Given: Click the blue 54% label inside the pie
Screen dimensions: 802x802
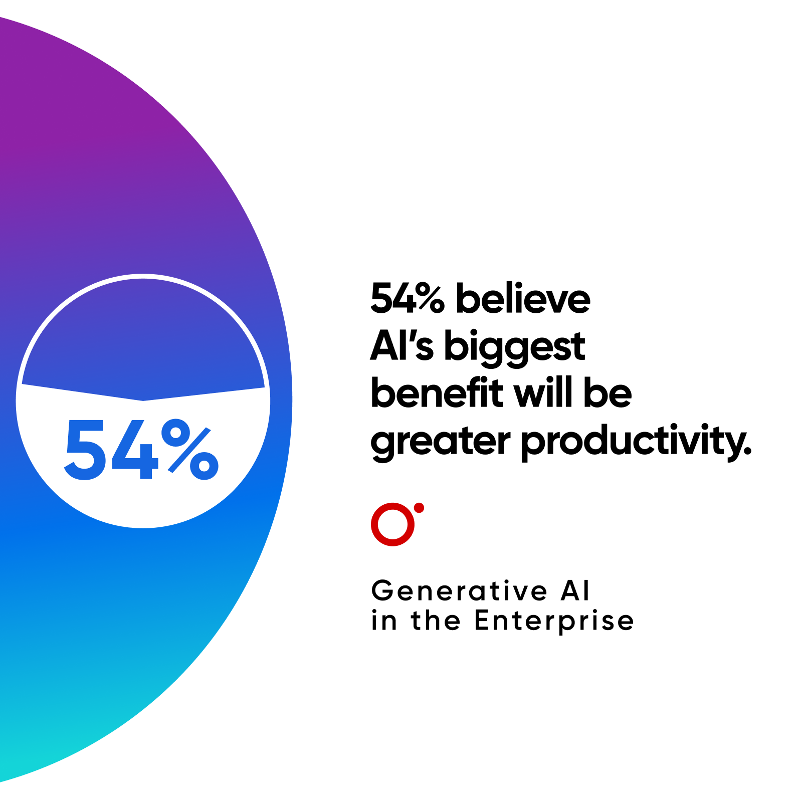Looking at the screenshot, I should click(141, 450).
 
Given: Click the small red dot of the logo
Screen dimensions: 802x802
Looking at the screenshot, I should click(419, 508).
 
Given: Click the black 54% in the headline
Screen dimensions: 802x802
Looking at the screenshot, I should click(407, 299).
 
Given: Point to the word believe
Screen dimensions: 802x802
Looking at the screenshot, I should click(523, 299).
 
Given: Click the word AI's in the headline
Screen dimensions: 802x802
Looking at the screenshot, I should click(402, 346).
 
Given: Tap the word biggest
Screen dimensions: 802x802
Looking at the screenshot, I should click(514, 347).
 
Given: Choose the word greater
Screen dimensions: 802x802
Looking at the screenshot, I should click(440, 442).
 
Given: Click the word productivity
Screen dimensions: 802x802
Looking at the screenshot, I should click(636, 442).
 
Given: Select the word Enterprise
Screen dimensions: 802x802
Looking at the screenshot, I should click(554, 622).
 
